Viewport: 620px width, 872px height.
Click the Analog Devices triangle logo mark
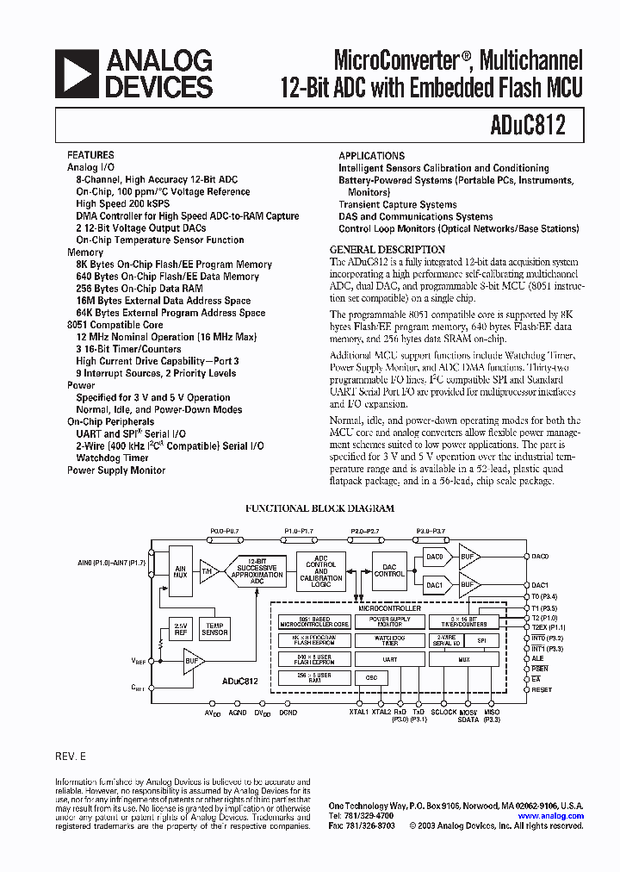point(77,73)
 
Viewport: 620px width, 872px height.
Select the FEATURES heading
point(90,156)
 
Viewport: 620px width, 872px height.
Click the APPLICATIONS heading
point(371,156)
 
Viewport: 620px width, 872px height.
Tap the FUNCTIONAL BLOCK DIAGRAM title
point(319,508)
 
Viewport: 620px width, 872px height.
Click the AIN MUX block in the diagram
point(180,571)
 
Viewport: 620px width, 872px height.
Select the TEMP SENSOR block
point(214,629)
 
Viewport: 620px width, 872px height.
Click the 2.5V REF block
point(180,629)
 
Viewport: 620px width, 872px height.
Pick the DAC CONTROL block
point(389,570)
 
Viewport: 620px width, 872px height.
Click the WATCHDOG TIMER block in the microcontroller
point(390,640)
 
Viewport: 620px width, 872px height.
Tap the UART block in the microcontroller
point(390,658)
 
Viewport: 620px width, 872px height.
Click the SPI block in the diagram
point(481,640)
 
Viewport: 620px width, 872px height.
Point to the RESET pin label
point(542,689)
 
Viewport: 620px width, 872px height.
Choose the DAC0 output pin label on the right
point(540,557)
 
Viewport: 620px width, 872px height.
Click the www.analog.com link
point(550,815)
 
